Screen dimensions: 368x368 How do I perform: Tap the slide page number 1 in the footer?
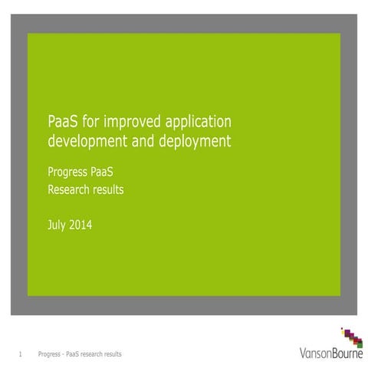coord(20,354)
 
